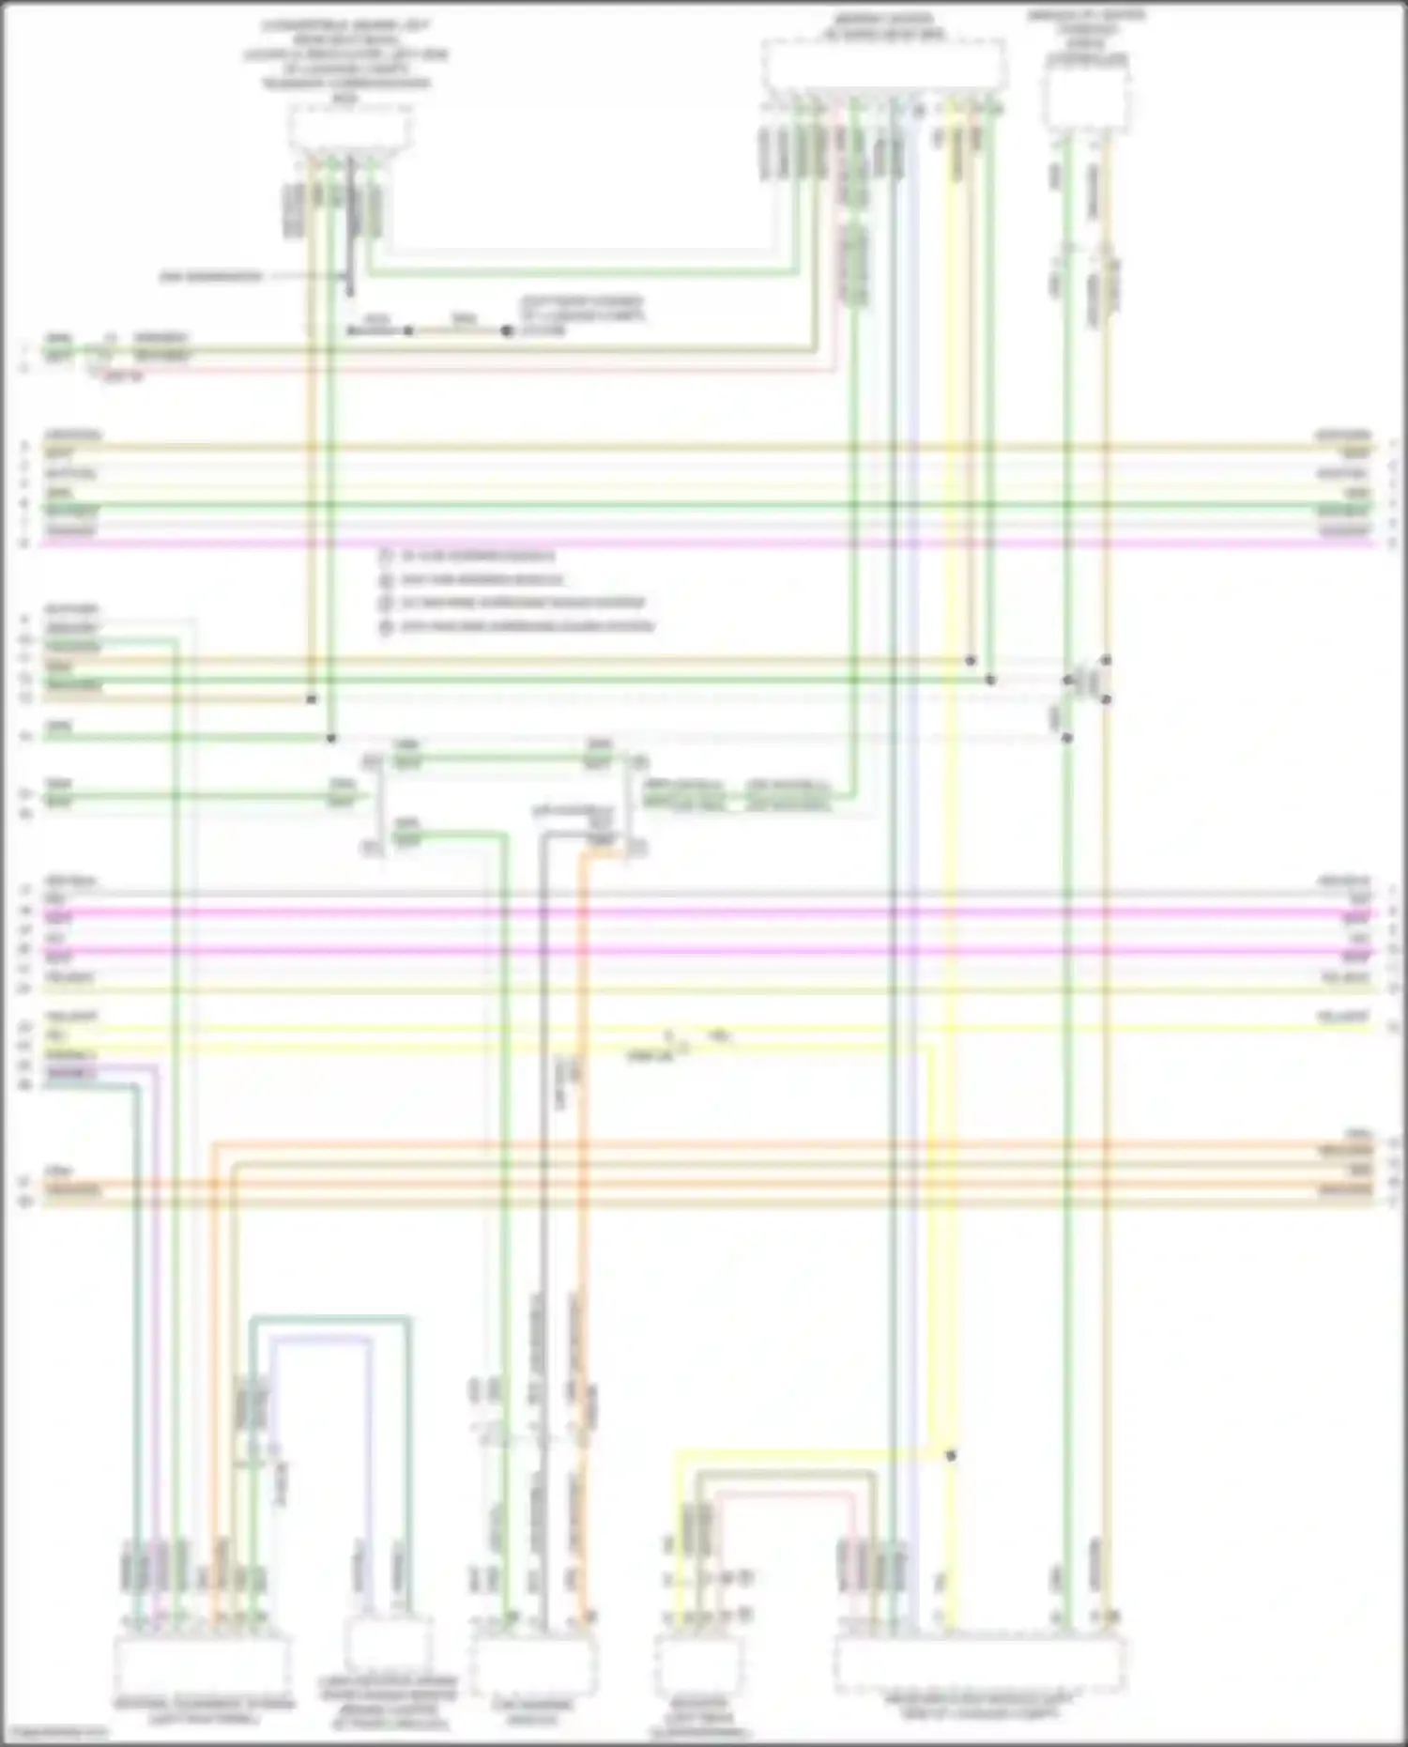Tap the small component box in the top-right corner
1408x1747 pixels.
(1086, 99)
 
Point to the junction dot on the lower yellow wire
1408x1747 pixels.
(951, 1456)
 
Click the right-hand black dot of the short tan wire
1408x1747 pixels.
(507, 330)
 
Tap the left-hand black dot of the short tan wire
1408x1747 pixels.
(408, 330)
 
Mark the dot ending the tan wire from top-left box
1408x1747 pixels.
(311, 699)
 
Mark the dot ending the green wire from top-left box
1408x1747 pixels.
(330, 739)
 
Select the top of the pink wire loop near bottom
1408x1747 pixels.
(785, 1493)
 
